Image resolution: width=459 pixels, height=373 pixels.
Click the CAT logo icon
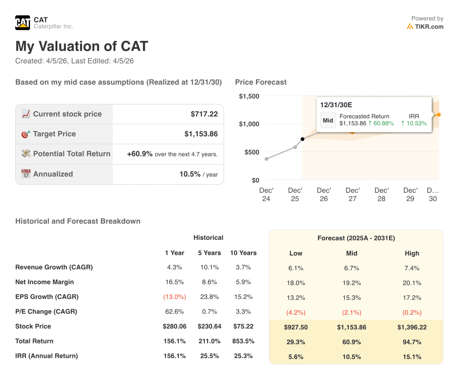(x=22, y=22)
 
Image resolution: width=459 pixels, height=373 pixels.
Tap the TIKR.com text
(x=429, y=26)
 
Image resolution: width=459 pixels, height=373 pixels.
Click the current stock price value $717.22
(x=204, y=114)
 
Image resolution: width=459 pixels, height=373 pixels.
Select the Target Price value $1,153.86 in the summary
(x=201, y=134)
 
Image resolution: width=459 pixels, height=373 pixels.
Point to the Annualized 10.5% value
(x=190, y=174)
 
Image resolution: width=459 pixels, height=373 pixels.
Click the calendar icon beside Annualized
(x=26, y=174)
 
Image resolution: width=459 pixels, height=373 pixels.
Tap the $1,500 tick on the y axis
(x=249, y=96)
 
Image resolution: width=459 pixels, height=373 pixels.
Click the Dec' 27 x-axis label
(x=353, y=194)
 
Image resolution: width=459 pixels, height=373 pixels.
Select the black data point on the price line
(x=303, y=139)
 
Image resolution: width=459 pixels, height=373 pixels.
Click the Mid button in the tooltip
(x=328, y=120)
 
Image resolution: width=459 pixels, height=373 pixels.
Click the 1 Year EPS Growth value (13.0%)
(x=175, y=297)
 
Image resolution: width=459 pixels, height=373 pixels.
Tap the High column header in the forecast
(x=412, y=253)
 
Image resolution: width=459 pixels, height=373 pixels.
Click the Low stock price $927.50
(x=296, y=327)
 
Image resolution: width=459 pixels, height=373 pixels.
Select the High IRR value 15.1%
(x=412, y=357)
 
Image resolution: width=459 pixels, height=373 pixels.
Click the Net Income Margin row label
(x=44, y=282)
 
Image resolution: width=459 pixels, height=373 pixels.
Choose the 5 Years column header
(x=209, y=253)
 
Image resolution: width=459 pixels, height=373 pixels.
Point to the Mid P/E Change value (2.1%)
(x=352, y=312)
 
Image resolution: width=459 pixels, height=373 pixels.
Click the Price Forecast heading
(x=260, y=82)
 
